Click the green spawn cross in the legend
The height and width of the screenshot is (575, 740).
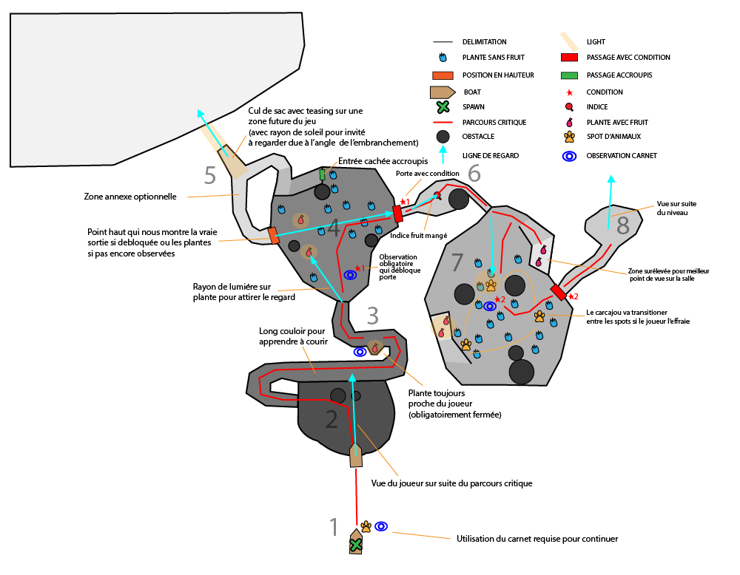(x=443, y=107)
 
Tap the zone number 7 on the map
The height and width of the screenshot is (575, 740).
(x=457, y=262)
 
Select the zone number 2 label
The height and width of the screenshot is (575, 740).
(x=332, y=420)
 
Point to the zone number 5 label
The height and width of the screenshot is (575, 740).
(x=210, y=176)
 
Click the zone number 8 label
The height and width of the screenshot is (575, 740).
(x=623, y=225)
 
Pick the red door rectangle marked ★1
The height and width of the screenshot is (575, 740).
(x=398, y=214)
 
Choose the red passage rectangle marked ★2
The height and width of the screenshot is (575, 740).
(x=559, y=293)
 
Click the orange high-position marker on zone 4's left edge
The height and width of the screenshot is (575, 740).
(x=273, y=236)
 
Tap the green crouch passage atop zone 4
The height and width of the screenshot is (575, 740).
(x=323, y=174)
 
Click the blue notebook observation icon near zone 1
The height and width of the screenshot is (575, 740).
(x=381, y=526)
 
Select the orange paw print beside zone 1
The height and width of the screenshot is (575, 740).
(x=366, y=526)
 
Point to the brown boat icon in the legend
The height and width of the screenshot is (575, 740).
(x=443, y=92)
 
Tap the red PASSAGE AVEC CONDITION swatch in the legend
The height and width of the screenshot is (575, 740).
(x=569, y=57)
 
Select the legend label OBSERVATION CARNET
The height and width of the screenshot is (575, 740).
(x=622, y=155)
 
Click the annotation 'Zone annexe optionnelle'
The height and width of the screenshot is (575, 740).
(x=131, y=197)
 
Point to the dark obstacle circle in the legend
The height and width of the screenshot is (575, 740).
(x=443, y=137)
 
